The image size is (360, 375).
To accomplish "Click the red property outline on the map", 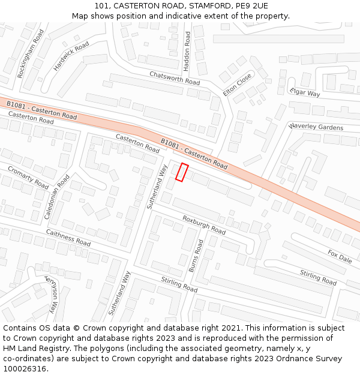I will coord(182,173).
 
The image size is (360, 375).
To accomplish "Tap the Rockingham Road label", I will coord(30,54).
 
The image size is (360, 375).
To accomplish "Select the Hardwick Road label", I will coord(71,56).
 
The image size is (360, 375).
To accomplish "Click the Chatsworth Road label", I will coord(175,77).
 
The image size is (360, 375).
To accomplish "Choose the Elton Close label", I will coord(238,85).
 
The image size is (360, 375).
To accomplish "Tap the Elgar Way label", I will coord(305,92).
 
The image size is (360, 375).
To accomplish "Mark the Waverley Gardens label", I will coord(316,127).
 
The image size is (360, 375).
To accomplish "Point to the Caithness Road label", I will coord(68,238).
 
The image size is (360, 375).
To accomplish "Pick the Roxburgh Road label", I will coord(204,224).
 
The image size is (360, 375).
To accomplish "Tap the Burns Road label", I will coord(196,256).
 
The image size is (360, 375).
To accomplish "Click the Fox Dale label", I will coord(340,256).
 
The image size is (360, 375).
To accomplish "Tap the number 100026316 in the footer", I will coord(25,368).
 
